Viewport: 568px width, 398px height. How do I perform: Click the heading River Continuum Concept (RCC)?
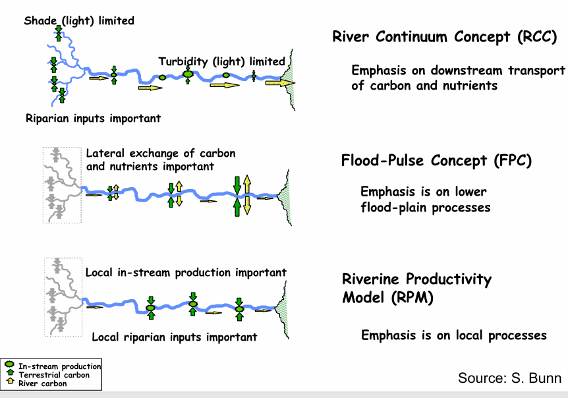[x=445, y=37]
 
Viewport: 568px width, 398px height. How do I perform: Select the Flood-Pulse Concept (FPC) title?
[x=436, y=161]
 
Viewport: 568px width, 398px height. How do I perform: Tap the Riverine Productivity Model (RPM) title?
[x=416, y=288]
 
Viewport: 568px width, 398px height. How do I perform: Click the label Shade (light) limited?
[x=79, y=20]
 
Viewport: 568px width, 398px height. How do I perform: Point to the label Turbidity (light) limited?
[x=221, y=61]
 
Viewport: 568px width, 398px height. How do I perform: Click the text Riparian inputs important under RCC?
[x=93, y=119]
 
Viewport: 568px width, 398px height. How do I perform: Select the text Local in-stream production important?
[x=186, y=272]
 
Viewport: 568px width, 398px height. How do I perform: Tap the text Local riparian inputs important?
[x=174, y=337]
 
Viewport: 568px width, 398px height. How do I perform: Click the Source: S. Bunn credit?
[x=509, y=378]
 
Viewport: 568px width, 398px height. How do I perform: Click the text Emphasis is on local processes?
[x=454, y=335]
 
